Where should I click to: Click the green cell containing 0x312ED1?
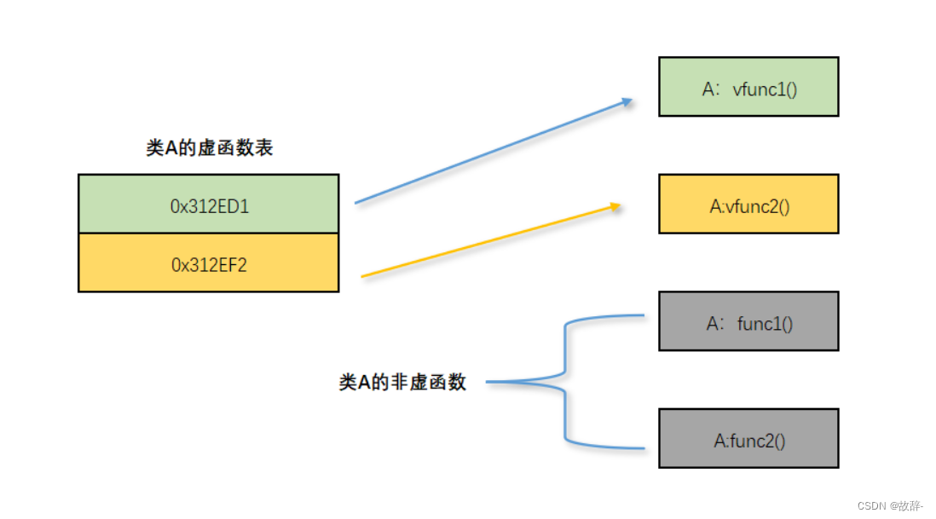tap(208, 204)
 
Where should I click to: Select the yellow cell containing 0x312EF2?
tap(208, 263)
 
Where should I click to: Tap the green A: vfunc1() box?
tap(748, 86)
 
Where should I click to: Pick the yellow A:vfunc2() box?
tap(748, 204)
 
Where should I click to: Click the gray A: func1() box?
tap(748, 321)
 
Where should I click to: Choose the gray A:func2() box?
tap(748, 438)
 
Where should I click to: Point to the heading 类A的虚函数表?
tap(210, 148)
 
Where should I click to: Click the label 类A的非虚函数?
tap(402, 383)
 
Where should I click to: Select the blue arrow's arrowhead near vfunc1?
tap(627, 102)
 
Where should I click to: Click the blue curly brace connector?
tap(564, 382)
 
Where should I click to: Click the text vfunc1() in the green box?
tap(765, 88)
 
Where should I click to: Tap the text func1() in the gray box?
tap(766, 323)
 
